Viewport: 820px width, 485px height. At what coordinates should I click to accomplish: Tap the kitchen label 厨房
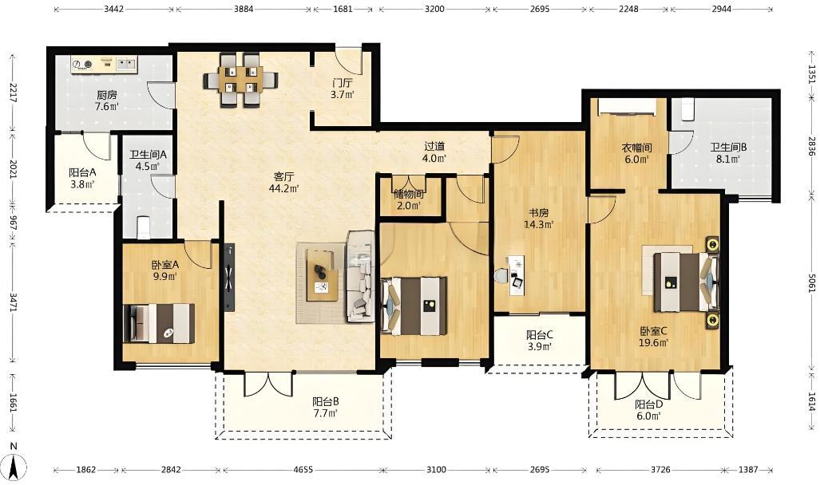106,95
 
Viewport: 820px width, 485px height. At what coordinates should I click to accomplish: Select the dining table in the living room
241,80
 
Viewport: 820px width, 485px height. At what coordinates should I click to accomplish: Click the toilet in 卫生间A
143,227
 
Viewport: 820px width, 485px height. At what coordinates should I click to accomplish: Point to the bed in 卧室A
158,324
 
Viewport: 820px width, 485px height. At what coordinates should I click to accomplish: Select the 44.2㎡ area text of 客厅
283,188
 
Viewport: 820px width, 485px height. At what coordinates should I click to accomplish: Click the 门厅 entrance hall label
342,84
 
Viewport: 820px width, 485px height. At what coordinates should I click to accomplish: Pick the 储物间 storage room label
410,194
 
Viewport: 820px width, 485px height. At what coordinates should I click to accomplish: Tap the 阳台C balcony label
539,335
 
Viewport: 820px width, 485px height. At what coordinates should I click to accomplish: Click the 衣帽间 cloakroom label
636,148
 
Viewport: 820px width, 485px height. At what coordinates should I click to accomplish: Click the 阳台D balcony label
649,404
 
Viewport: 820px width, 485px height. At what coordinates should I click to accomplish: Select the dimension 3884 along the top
244,9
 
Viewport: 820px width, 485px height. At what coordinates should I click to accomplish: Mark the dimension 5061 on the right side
811,283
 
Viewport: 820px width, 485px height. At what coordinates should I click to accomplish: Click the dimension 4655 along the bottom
303,470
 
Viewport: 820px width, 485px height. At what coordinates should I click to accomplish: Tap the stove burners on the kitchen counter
82,65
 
